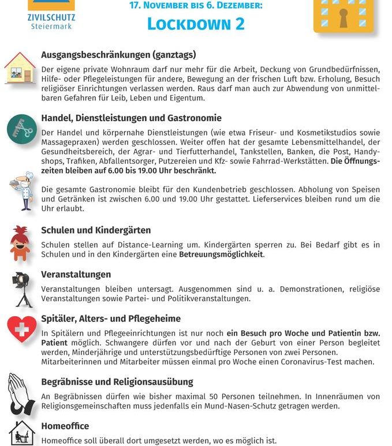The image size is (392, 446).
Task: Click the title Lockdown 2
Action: coord(196,24)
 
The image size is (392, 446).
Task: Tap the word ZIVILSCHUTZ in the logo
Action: coord(51,17)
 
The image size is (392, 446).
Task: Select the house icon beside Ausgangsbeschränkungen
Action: coord(20,68)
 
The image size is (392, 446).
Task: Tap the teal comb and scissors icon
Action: coord(21,129)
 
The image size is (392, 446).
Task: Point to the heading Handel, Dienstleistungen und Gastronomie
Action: coord(131,118)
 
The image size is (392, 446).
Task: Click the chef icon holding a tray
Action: coord(22,191)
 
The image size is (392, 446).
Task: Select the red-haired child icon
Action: coord(20,242)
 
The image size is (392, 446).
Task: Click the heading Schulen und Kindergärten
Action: coord(96,230)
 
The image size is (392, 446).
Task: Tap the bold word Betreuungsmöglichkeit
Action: coord(221,254)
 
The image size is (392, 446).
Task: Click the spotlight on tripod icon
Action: coord(23,288)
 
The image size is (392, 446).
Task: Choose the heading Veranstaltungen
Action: coord(76,274)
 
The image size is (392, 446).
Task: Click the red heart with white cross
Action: coord(22,329)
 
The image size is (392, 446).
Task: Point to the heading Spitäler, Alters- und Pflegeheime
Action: coord(111,318)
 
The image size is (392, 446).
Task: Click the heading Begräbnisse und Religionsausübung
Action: coord(117,382)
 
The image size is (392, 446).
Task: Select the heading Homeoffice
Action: coord(65,426)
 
